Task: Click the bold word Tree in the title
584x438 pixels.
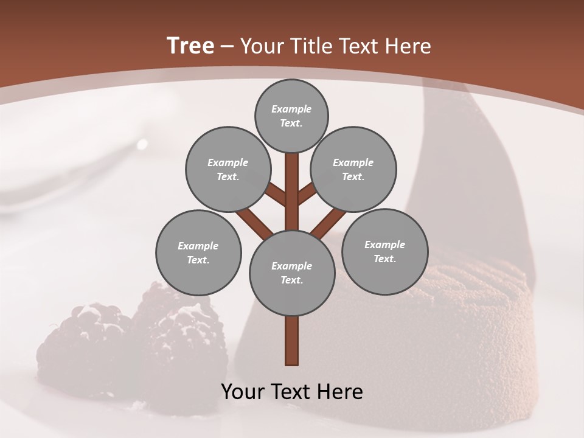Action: coord(190,46)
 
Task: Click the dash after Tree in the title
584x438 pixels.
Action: coord(227,47)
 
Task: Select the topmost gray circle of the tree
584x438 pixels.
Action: coord(291,116)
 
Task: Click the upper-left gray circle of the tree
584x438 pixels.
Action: coord(228,169)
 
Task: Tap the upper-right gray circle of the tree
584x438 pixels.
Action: coord(353,169)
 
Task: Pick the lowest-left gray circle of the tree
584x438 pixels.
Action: coord(198,252)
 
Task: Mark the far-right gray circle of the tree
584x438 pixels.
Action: coord(384,251)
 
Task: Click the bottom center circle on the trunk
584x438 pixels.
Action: coord(292,273)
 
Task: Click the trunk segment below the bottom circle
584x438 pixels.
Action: coord(292,341)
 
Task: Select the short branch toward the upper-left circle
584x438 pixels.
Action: coord(276,194)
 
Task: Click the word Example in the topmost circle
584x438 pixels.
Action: coord(291,109)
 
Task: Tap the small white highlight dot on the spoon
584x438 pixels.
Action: coord(142,144)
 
